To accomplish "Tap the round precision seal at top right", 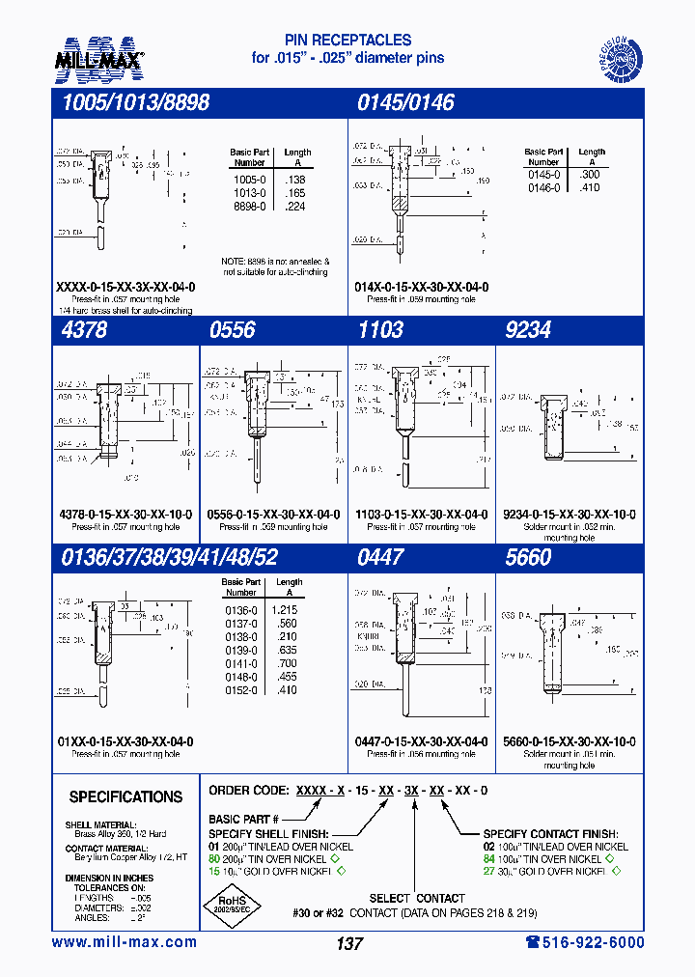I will [x=615, y=55].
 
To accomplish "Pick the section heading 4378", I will [x=85, y=329].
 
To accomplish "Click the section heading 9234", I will [x=527, y=329].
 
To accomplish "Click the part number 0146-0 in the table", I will [x=543, y=188].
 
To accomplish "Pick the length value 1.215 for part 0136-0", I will [x=288, y=610].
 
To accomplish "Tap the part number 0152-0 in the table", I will [x=241, y=690].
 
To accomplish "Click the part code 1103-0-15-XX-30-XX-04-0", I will [x=421, y=515].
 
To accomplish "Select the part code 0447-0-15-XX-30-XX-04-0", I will [x=421, y=741].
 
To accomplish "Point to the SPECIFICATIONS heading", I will [x=125, y=796].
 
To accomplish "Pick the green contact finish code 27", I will [x=489, y=871].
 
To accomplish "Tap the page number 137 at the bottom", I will [x=349, y=944].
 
